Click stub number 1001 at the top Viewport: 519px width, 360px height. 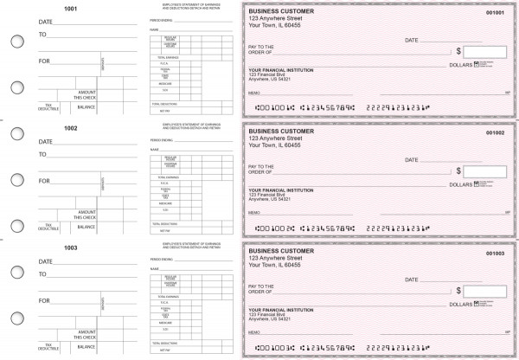pos(71,10)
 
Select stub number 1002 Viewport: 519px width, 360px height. pos(71,128)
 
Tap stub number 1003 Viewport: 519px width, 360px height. pos(71,247)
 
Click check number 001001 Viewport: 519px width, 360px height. pos(496,13)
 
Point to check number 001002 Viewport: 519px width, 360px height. pos(496,132)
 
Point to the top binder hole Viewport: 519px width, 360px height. pos(17,40)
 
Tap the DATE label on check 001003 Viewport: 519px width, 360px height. pos(412,279)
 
